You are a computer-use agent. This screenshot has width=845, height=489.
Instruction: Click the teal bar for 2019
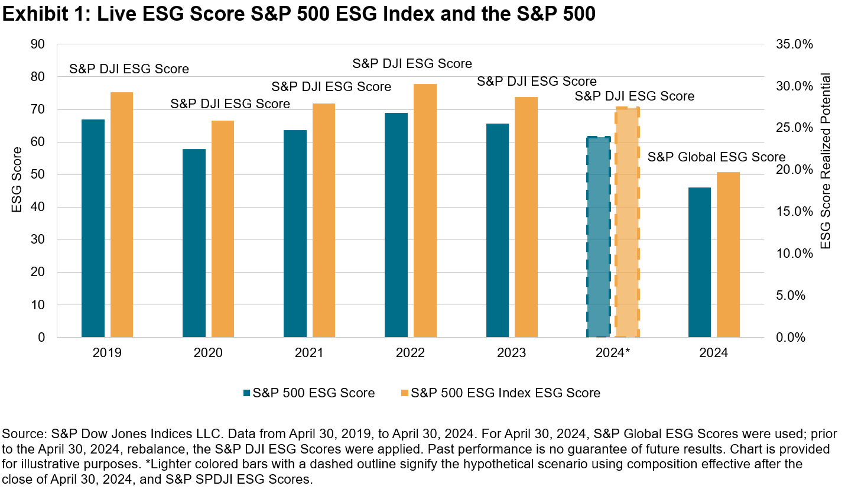click(93, 228)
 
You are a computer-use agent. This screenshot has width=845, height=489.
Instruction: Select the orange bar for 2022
click(425, 211)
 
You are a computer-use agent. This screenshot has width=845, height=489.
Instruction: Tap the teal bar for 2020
click(194, 243)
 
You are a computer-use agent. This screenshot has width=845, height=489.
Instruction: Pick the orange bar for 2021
click(324, 221)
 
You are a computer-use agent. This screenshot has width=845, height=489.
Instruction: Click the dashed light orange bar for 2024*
click(627, 222)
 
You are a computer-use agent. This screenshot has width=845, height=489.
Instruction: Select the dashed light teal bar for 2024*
click(598, 237)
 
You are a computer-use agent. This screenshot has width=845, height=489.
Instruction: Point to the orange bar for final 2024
click(728, 255)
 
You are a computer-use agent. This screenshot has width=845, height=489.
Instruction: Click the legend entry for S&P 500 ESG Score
click(308, 393)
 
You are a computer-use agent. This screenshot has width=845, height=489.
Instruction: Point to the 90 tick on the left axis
click(38, 44)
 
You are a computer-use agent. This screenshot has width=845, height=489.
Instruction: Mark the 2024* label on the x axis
click(613, 353)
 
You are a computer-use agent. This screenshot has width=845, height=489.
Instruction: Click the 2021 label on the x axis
click(309, 353)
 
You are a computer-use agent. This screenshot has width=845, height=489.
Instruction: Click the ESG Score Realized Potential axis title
click(825, 161)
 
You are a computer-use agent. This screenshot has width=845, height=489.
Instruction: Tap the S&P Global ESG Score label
click(716, 157)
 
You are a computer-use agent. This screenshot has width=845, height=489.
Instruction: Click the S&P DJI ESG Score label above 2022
click(412, 63)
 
